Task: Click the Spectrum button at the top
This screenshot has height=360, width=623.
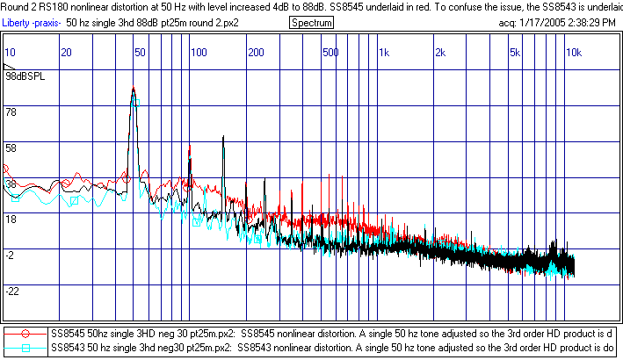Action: click(311, 22)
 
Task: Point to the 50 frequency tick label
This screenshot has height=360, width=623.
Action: click(140, 54)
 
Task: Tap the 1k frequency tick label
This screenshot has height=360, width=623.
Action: click(383, 54)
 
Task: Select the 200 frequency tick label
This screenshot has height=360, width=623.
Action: click(256, 54)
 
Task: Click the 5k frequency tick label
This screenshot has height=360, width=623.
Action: click(515, 54)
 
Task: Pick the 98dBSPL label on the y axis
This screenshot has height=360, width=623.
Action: click(25, 76)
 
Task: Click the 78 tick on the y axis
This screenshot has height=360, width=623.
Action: click(11, 113)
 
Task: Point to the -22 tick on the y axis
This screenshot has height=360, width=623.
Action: click(13, 291)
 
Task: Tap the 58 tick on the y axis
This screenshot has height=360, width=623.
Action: click(11, 148)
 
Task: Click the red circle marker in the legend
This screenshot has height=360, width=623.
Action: click(26, 334)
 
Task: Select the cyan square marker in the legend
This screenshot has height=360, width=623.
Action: click(26, 348)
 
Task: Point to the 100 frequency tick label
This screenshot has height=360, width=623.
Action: click(199, 54)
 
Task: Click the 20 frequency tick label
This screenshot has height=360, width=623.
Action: click(65, 54)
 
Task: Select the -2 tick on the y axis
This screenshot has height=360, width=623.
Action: click(11, 255)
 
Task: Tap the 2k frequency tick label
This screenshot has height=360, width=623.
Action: click(439, 54)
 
